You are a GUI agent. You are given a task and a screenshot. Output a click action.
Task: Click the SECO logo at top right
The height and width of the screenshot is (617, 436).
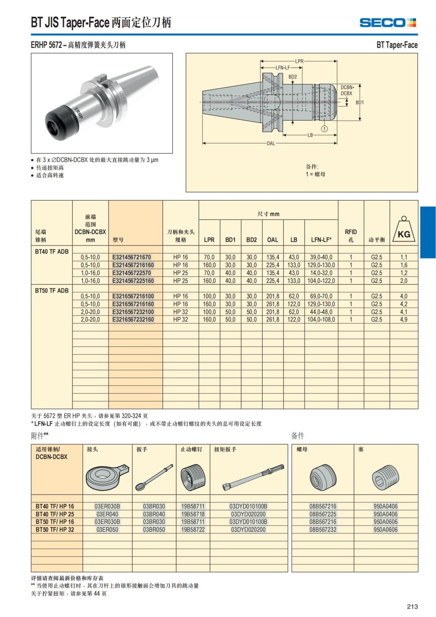pyautogui.click(x=388, y=23)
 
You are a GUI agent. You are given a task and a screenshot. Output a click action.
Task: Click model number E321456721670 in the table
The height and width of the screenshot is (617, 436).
pyautogui.click(x=132, y=257)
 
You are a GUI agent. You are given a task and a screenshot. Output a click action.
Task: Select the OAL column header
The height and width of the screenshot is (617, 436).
pyautogui.click(x=272, y=240)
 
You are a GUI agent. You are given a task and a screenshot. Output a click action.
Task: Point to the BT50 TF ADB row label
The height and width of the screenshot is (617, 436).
pyautogui.click(x=52, y=291)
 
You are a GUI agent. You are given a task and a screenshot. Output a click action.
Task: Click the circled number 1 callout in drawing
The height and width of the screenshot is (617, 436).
pyautogui.click(x=324, y=128)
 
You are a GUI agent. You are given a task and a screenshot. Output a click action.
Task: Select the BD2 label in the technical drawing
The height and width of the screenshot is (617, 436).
pyautogui.click(x=292, y=77)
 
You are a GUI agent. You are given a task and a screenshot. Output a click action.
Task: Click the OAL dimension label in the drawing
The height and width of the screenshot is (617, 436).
pyautogui.click(x=271, y=143)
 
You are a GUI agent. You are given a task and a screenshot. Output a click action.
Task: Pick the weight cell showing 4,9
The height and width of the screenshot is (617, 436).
pyautogui.click(x=404, y=320)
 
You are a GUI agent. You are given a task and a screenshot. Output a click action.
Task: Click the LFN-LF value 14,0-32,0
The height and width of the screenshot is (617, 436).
pyautogui.click(x=321, y=273)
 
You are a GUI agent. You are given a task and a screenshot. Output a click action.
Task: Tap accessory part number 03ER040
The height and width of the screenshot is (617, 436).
pyautogui.click(x=107, y=514)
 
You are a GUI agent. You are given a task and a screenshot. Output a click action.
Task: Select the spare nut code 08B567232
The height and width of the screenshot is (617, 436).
pyautogui.click(x=323, y=530)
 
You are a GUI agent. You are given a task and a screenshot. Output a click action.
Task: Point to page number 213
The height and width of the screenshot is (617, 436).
pyautogui.click(x=412, y=606)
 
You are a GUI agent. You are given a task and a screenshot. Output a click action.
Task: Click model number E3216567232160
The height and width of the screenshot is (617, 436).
pyautogui.click(x=133, y=320)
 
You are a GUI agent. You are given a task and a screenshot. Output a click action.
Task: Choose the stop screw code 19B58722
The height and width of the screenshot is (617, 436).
pyautogui.click(x=193, y=530)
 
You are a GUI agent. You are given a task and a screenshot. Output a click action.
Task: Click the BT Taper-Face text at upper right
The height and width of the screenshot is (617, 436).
pyautogui.click(x=397, y=45)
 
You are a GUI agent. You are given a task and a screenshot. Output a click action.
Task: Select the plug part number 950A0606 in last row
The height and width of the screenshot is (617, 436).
pyautogui.click(x=385, y=530)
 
